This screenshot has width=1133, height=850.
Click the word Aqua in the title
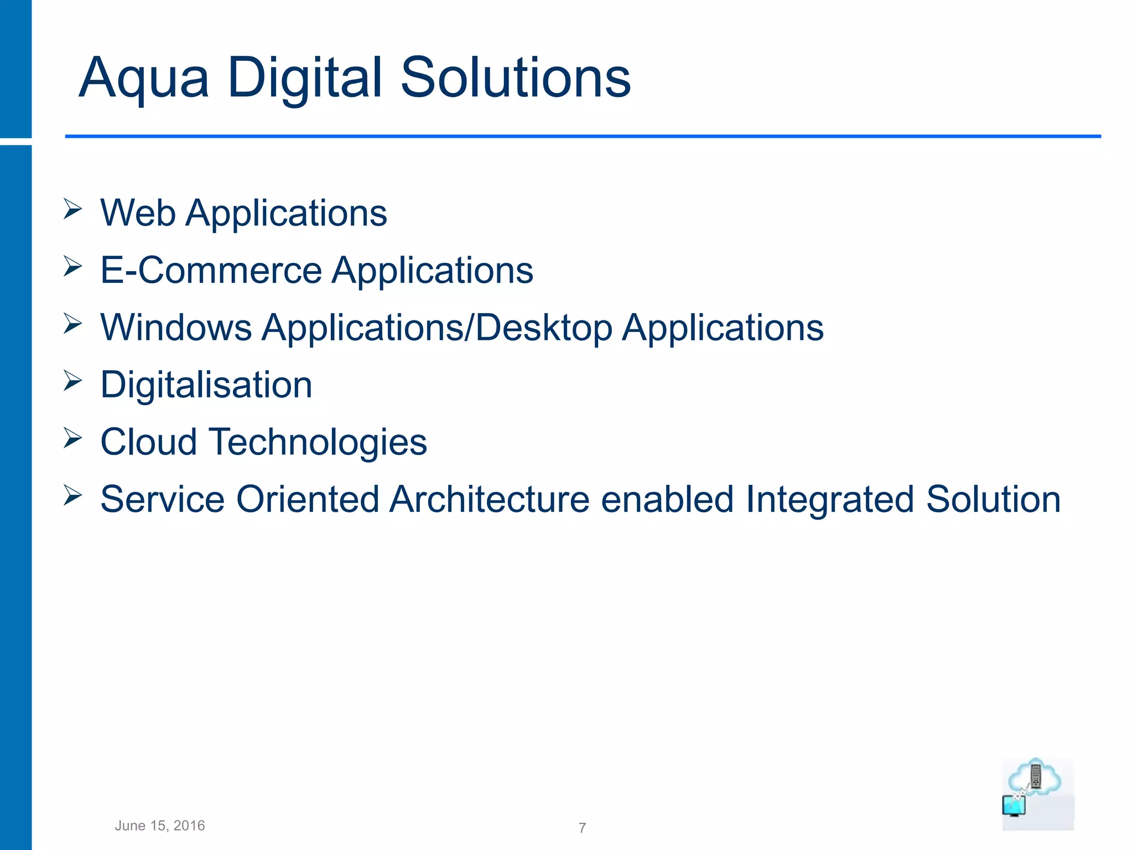point(144,79)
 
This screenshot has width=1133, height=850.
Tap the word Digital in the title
point(305,79)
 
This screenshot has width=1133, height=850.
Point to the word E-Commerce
point(211,270)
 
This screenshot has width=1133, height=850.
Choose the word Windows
point(176,327)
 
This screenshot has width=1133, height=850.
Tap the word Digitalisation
point(206,385)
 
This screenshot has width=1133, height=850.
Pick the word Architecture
point(490,499)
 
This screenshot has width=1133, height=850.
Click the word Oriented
point(307,499)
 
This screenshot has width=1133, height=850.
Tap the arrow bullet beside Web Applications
point(72,209)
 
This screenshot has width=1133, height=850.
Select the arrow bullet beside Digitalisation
point(72,381)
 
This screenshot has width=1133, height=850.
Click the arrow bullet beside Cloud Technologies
point(72,438)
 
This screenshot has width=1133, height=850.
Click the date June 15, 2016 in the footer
point(160,826)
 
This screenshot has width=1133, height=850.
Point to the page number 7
point(582,828)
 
